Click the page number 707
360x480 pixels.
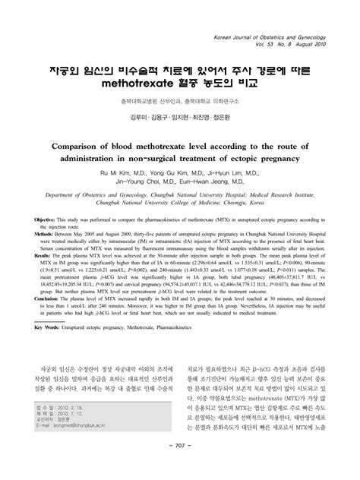tap(179, 466)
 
